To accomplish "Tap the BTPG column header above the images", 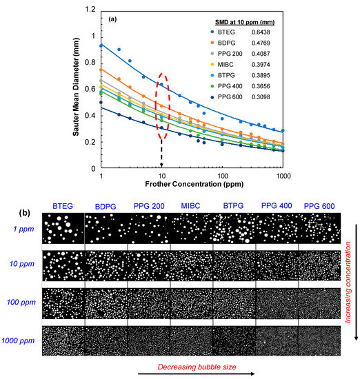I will pos(232,205).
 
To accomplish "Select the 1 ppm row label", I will pos(23,229).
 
